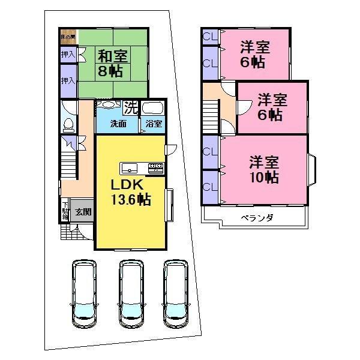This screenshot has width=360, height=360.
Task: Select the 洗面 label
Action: point(118,124)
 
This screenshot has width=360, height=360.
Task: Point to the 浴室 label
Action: point(154,124)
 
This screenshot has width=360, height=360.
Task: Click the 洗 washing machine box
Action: point(130,108)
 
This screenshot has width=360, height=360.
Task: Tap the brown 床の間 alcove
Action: point(67,37)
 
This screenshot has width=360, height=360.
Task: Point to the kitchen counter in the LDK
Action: point(142,167)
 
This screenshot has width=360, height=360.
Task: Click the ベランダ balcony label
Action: point(257,218)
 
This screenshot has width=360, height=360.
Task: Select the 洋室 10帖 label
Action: point(264,169)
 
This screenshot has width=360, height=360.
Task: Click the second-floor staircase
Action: point(210,114)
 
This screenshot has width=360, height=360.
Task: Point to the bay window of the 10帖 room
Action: point(313,169)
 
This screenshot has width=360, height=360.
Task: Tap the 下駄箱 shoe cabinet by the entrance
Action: point(65,211)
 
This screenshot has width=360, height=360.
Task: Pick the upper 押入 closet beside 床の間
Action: point(67,55)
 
